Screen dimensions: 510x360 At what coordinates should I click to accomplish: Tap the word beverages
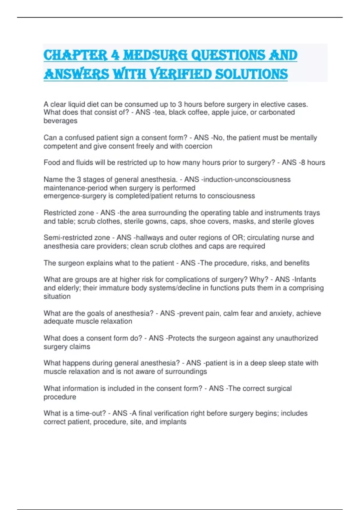tap(60, 121)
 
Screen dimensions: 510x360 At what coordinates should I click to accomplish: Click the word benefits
tap(297, 263)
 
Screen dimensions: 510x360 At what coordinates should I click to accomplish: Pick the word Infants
tap(305, 280)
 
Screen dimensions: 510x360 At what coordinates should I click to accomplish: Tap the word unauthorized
tap(297, 338)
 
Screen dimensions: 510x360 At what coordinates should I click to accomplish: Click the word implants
tap(173, 422)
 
